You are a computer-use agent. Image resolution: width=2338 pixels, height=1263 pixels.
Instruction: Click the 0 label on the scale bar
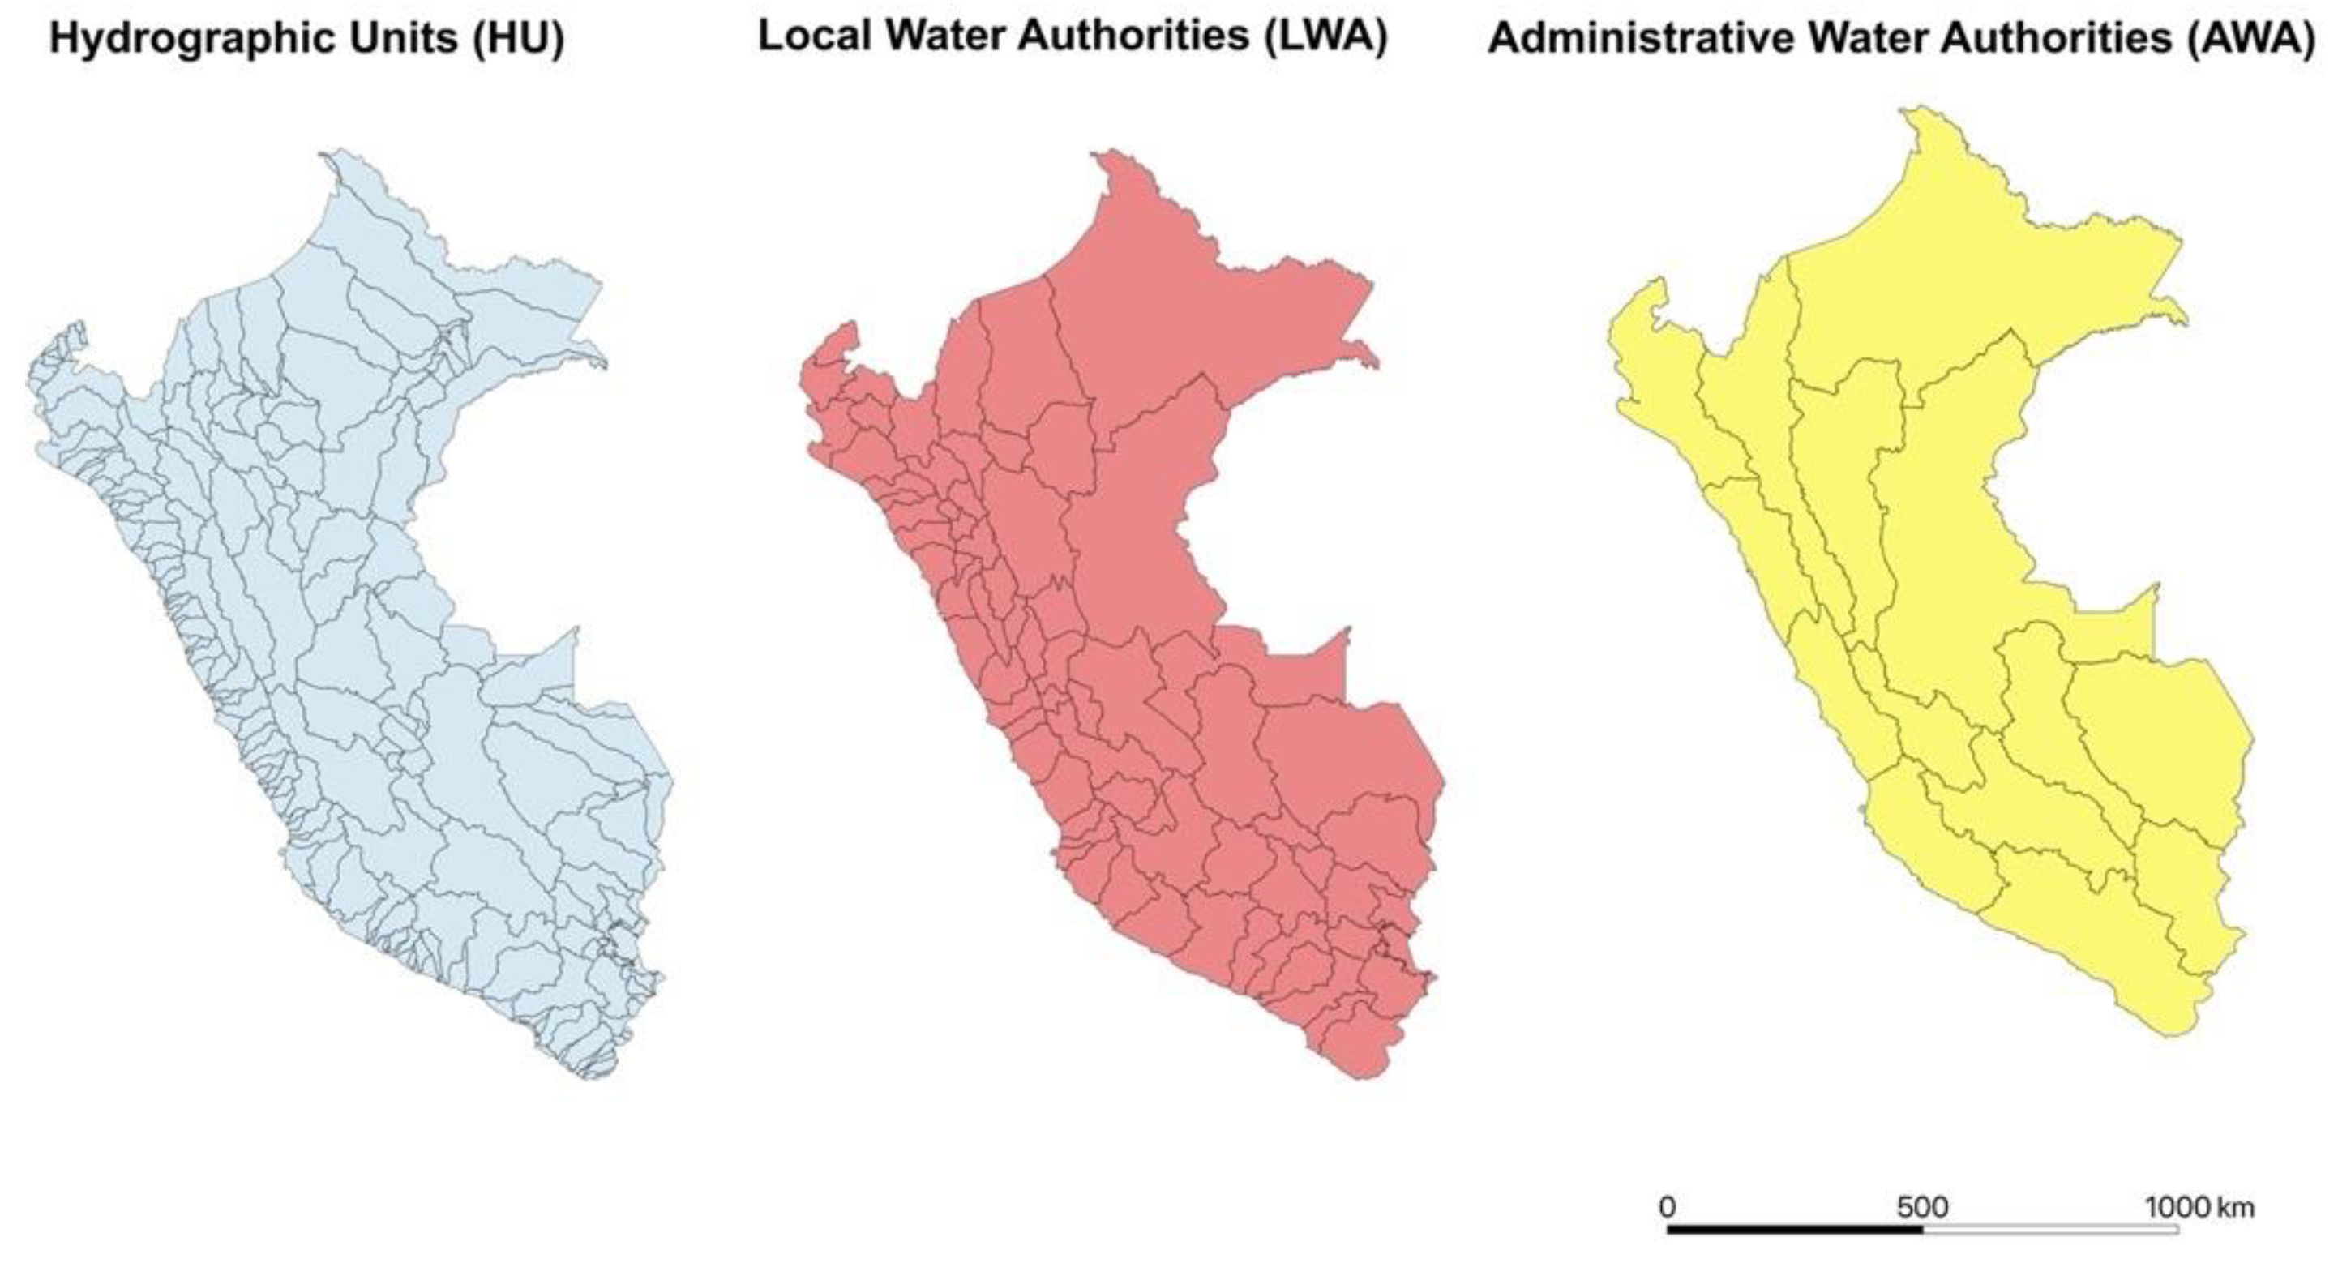pos(1667,1208)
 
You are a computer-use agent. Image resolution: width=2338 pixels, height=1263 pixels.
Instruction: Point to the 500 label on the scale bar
pos(1921,1208)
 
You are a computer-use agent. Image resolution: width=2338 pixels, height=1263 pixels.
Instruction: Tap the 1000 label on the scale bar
pos(2177,1208)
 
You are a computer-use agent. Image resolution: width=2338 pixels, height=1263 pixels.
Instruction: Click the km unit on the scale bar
pos(2235,1208)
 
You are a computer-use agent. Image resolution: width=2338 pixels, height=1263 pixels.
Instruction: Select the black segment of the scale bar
pos(1794,1231)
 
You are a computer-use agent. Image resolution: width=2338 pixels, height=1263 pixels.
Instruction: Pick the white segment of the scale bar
pos(2049,1231)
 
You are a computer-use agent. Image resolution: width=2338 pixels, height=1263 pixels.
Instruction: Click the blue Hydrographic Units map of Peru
pos(363,635)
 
